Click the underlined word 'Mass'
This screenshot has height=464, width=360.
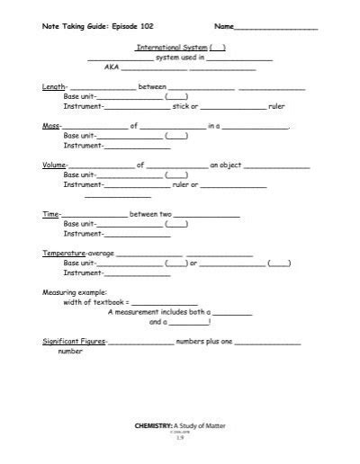tap(51, 127)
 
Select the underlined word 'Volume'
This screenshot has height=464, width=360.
tap(55, 165)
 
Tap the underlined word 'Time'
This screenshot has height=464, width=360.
tap(50, 215)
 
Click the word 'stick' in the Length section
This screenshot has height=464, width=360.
tap(184, 106)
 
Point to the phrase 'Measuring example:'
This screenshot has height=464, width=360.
tap(74, 293)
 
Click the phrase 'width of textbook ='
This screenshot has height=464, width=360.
tap(96, 303)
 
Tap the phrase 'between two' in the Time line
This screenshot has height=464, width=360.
tap(150, 215)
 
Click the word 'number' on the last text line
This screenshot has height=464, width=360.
tap(70, 352)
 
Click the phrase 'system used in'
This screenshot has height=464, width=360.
tap(180, 57)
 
